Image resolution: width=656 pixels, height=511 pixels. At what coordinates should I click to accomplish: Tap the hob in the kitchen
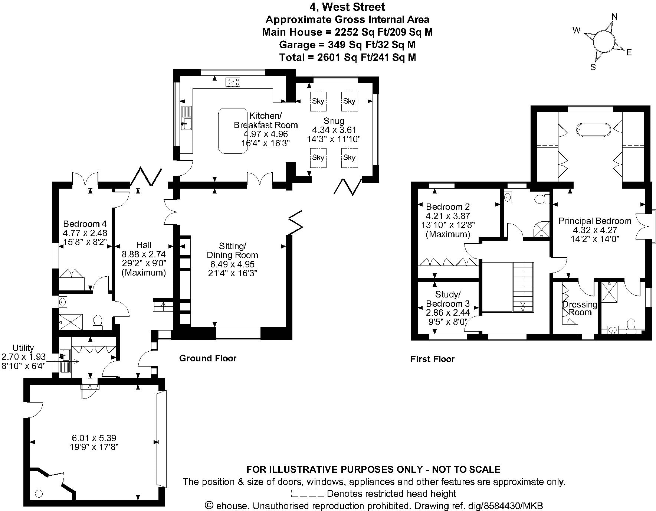[233, 82]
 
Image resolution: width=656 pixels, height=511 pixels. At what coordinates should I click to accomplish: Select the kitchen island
[233, 131]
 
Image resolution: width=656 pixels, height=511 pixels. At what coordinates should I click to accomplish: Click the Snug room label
[334, 121]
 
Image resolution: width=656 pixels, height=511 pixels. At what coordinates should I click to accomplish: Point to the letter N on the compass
[614, 17]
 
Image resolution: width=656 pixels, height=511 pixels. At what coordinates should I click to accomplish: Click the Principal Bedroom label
[595, 221]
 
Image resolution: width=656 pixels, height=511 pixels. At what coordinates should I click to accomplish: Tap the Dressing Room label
[580, 308]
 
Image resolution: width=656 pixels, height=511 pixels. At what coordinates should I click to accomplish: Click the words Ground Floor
[208, 358]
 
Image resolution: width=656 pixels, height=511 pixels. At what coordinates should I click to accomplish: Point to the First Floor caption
[432, 359]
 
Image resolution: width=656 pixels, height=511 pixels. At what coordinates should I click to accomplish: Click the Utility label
[23, 348]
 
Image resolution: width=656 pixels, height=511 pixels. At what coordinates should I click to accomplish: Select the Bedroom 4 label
[85, 224]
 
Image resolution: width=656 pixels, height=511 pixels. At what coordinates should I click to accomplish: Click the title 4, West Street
[347, 7]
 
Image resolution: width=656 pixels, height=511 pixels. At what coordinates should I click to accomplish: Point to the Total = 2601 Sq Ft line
[347, 57]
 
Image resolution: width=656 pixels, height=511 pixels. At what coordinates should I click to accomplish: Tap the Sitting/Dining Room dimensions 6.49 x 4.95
[232, 264]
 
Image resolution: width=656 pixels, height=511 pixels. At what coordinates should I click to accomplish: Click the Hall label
[144, 245]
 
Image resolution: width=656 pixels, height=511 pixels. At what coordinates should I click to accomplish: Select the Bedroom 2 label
[448, 207]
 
